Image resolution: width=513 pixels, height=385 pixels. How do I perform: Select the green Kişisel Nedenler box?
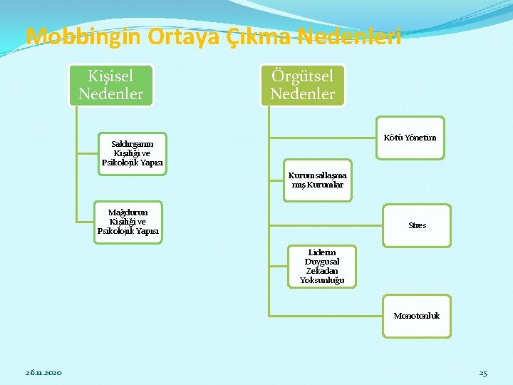[110, 84]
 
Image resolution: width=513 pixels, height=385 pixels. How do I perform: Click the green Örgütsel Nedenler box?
[302, 84]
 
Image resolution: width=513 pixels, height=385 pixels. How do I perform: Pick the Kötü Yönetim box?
[410, 138]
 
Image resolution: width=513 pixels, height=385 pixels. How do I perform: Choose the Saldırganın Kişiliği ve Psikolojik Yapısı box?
[133, 153]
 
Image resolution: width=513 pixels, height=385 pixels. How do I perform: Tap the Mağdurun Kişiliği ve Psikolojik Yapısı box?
[128, 222]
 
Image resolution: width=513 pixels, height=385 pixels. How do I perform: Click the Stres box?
[418, 225]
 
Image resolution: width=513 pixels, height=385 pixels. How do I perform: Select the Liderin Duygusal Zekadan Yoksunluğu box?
[322, 266]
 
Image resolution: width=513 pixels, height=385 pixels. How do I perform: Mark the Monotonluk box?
[417, 316]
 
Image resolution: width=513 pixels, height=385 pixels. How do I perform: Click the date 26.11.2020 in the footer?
[43, 373]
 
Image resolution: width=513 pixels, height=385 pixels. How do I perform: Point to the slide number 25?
[483, 373]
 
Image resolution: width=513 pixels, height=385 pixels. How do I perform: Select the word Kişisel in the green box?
[110, 76]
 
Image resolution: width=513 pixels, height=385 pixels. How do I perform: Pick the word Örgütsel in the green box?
[302, 76]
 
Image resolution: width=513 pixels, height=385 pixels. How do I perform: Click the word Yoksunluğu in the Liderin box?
[322, 280]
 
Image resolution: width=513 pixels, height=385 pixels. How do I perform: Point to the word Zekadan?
[322, 271]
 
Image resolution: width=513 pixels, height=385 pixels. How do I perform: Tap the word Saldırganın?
[133, 144]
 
